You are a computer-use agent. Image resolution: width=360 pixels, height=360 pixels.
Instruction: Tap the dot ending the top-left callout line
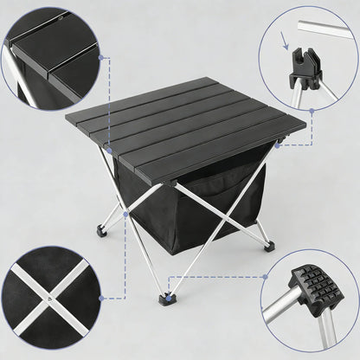pos(103,58)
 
